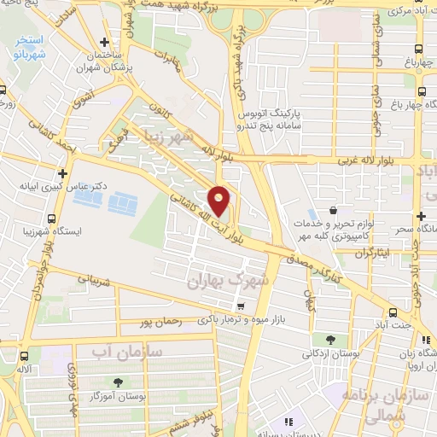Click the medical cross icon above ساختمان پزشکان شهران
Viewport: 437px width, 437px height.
click(104, 42)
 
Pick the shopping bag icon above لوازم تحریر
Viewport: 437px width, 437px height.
click(332, 210)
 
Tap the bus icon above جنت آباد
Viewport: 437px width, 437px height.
click(393, 312)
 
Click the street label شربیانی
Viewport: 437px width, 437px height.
click(96, 278)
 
